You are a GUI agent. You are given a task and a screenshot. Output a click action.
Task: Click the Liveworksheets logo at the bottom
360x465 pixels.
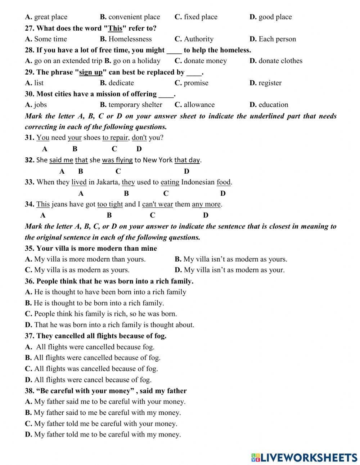[304, 457]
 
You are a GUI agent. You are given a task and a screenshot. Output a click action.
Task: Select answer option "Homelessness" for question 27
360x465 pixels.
[130, 39]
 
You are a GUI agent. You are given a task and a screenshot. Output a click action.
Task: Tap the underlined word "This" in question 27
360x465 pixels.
[115, 28]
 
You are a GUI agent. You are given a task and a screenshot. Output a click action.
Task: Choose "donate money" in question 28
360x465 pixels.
[205, 61]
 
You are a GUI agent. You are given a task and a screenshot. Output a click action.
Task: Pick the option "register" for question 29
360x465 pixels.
[270, 83]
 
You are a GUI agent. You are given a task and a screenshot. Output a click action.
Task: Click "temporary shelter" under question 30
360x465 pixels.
[135, 105]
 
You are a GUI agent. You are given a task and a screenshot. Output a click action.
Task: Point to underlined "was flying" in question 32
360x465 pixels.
[117, 160]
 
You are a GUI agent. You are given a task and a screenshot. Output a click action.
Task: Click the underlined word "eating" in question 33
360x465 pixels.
[170, 182]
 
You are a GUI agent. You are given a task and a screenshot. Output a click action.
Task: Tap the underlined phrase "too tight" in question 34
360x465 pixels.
[110, 205]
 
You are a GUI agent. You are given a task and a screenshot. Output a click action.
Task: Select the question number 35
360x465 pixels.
[30, 249]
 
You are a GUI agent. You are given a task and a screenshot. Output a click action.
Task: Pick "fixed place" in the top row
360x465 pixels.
[201, 17]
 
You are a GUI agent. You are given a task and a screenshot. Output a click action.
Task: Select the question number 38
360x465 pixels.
[30, 391]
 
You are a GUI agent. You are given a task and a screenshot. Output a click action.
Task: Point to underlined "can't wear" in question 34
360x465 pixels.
[158, 205]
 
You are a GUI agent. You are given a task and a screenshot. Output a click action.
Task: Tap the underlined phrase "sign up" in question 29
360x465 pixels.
[91, 72]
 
